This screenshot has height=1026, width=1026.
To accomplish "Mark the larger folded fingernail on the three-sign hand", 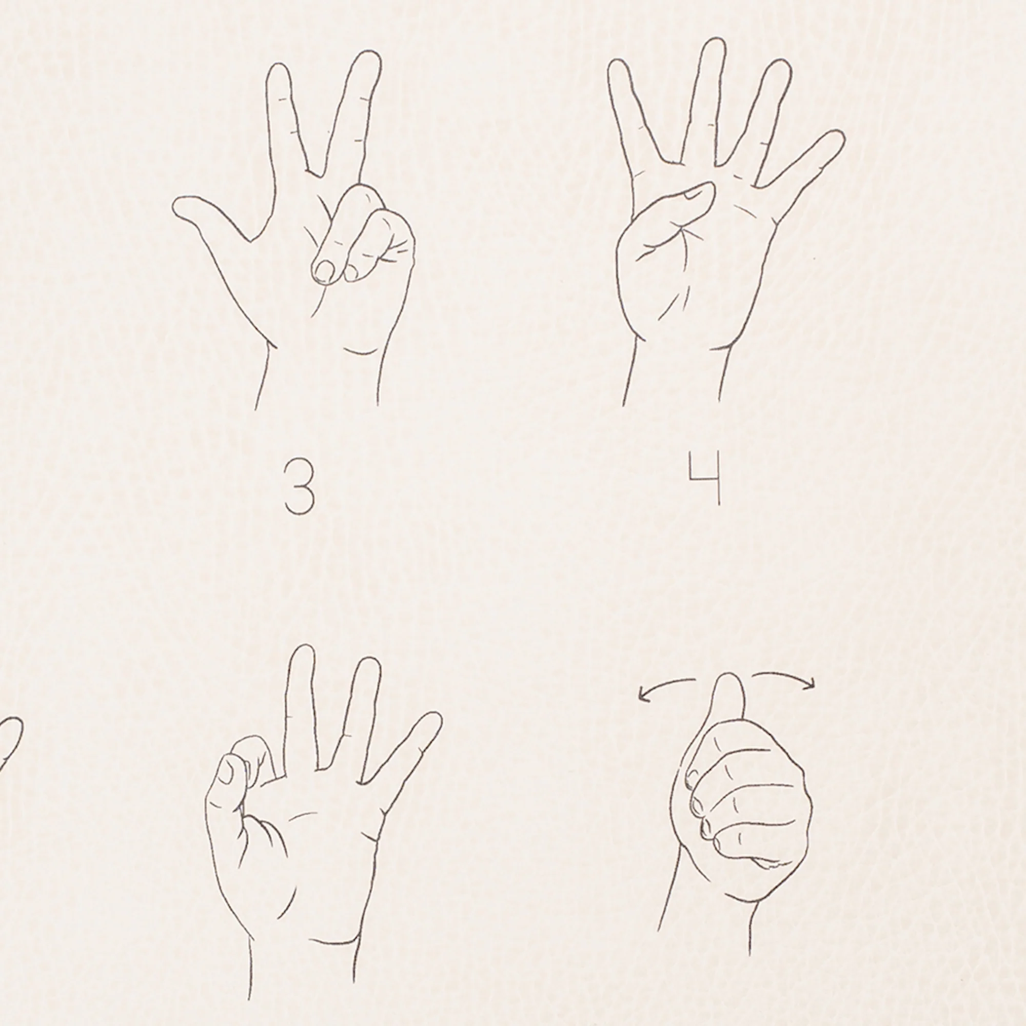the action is (x=323, y=271).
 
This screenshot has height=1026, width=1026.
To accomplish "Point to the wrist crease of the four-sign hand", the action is (x=722, y=346).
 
